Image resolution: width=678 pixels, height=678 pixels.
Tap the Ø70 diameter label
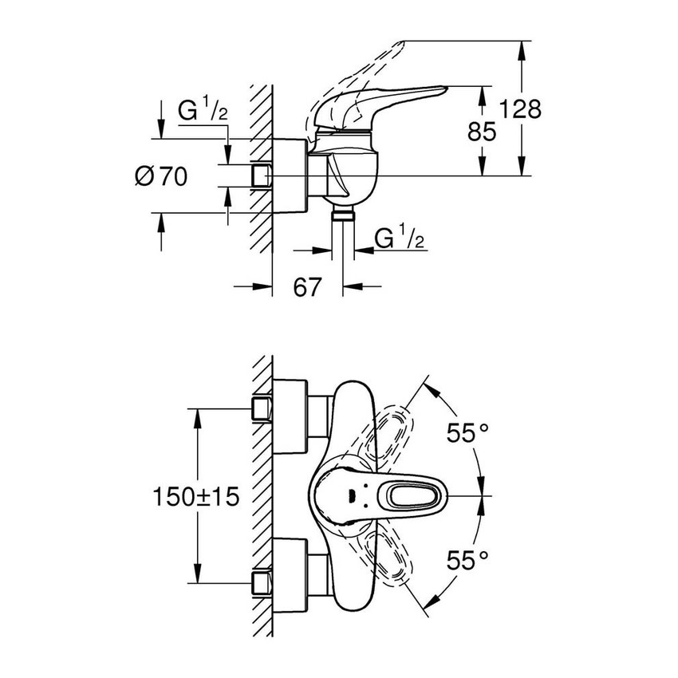click(162, 176)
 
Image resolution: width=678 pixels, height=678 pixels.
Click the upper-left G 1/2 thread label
click(203, 112)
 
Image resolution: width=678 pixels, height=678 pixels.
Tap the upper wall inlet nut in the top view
click(260, 409)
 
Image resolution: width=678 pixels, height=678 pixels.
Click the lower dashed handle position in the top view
click(386, 562)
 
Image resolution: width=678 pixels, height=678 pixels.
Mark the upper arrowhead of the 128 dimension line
click(523, 48)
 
